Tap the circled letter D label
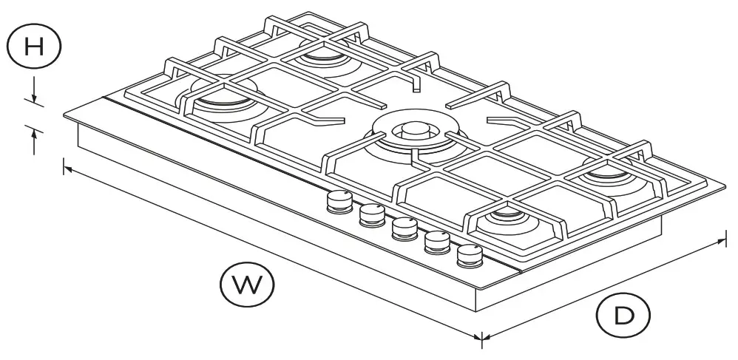(623, 316)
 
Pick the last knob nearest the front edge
(470, 256)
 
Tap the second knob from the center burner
(372, 214)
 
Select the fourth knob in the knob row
(437, 242)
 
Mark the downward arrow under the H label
(34, 94)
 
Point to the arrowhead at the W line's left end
(68, 170)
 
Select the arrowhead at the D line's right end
(722, 241)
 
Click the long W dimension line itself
(274, 254)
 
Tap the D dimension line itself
(603, 290)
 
